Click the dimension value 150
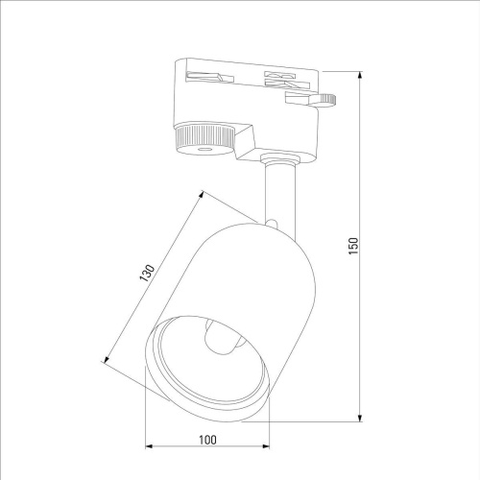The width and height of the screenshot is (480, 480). pos(353,245)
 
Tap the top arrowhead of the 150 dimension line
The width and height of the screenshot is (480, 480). pos(360,73)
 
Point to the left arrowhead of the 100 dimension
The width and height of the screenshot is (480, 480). pos(148,446)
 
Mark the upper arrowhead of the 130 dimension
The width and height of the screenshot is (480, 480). pos(205,192)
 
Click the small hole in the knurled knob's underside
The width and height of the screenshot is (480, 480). pos(204,151)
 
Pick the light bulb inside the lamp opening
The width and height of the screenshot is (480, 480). pos(221,342)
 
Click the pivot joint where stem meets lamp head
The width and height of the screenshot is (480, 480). pos(274,226)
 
